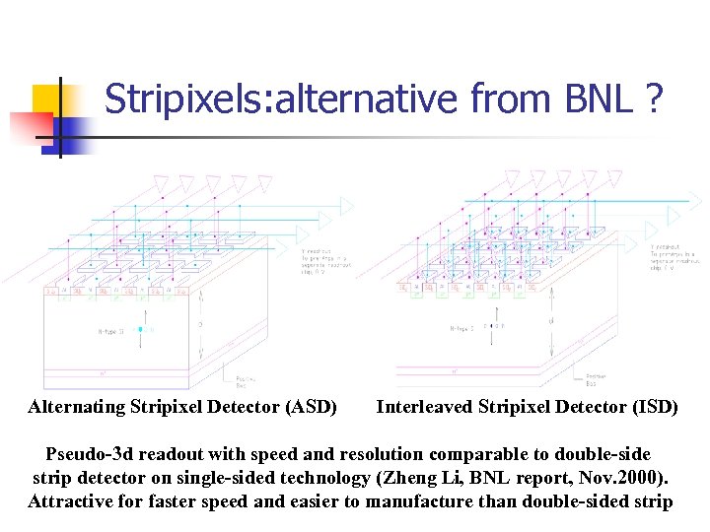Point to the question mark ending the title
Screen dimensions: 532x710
point(653,100)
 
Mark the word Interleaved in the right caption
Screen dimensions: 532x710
point(425,407)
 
